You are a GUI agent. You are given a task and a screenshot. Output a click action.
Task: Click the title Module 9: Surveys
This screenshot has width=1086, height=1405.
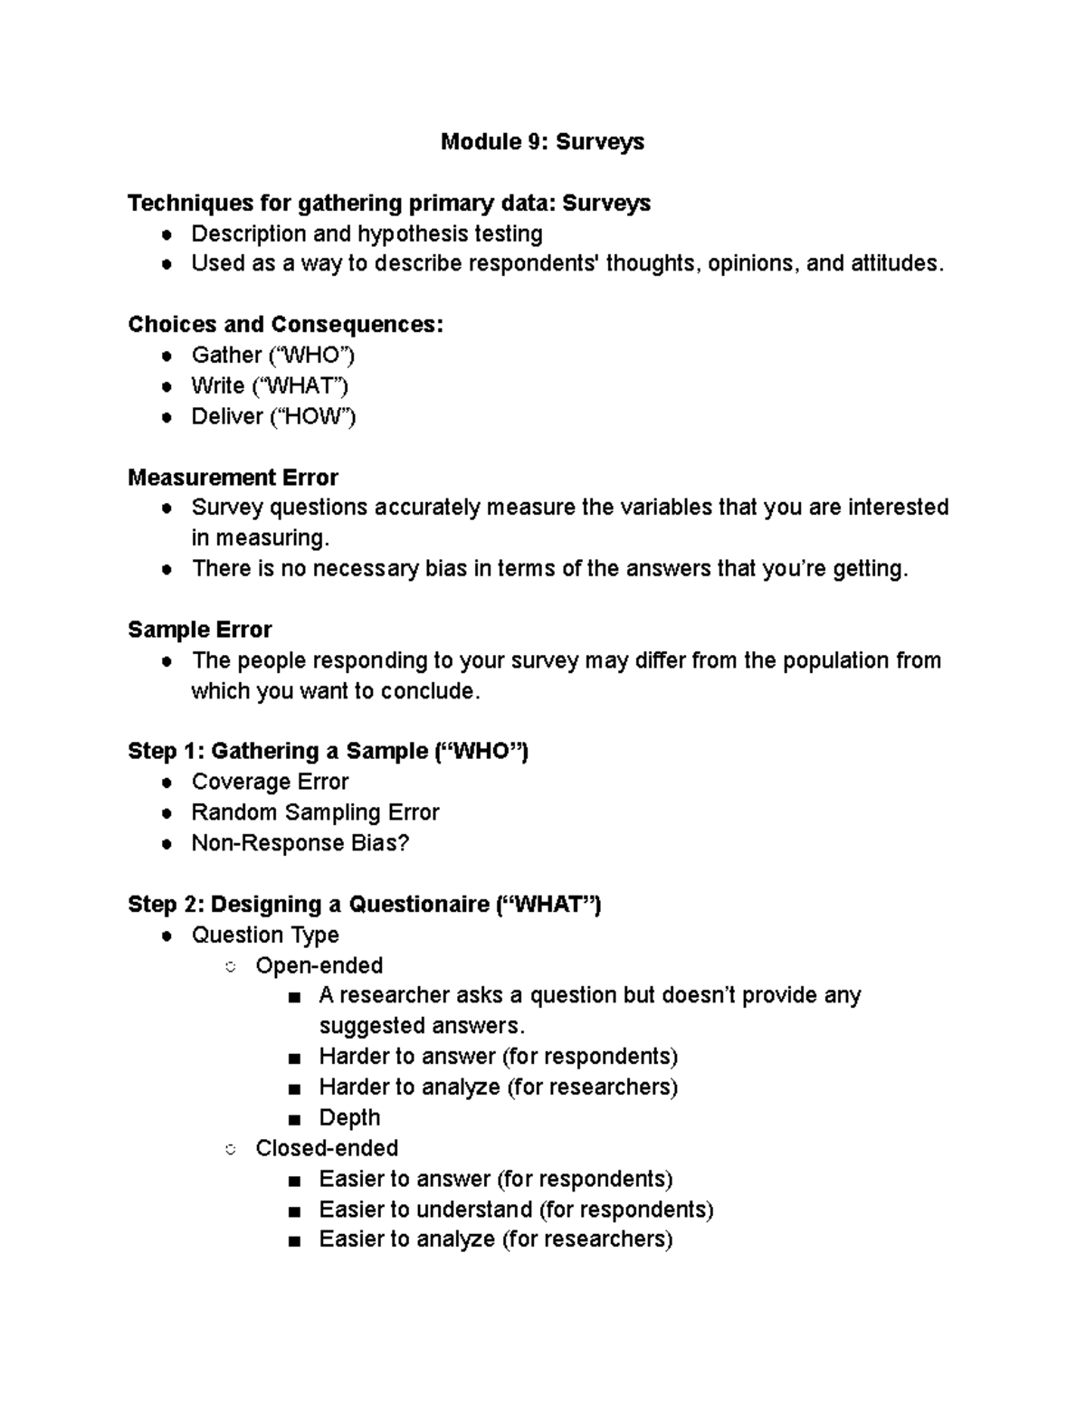(542, 142)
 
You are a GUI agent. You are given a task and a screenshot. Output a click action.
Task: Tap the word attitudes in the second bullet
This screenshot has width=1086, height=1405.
(893, 264)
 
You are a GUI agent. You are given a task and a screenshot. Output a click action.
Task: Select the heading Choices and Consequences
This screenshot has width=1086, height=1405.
(285, 325)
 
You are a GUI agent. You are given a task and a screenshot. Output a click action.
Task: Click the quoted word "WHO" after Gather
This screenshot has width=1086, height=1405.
(311, 356)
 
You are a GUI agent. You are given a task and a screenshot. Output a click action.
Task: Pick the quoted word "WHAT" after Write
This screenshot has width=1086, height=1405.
(302, 386)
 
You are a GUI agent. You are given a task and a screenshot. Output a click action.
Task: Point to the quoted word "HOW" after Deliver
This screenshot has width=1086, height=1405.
(312, 417)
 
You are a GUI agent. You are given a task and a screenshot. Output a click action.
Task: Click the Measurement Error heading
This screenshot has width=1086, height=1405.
(233, 478)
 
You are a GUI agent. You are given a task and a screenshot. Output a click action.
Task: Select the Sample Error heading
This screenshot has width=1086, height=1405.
(199, 630)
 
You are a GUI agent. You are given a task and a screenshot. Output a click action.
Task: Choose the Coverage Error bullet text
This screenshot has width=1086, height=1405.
(270, 782)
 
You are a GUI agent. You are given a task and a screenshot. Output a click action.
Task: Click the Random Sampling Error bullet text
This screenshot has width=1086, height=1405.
(315, 812)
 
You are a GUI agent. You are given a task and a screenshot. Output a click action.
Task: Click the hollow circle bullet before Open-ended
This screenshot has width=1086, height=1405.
(231, 967)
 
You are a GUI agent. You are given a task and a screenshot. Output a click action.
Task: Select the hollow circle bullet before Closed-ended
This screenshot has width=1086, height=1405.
(231, 1150)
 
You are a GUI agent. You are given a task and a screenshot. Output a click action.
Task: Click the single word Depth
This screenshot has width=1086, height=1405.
(349, 1118)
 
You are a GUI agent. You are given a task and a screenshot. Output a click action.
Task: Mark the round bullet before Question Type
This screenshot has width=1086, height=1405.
(167, 936)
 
